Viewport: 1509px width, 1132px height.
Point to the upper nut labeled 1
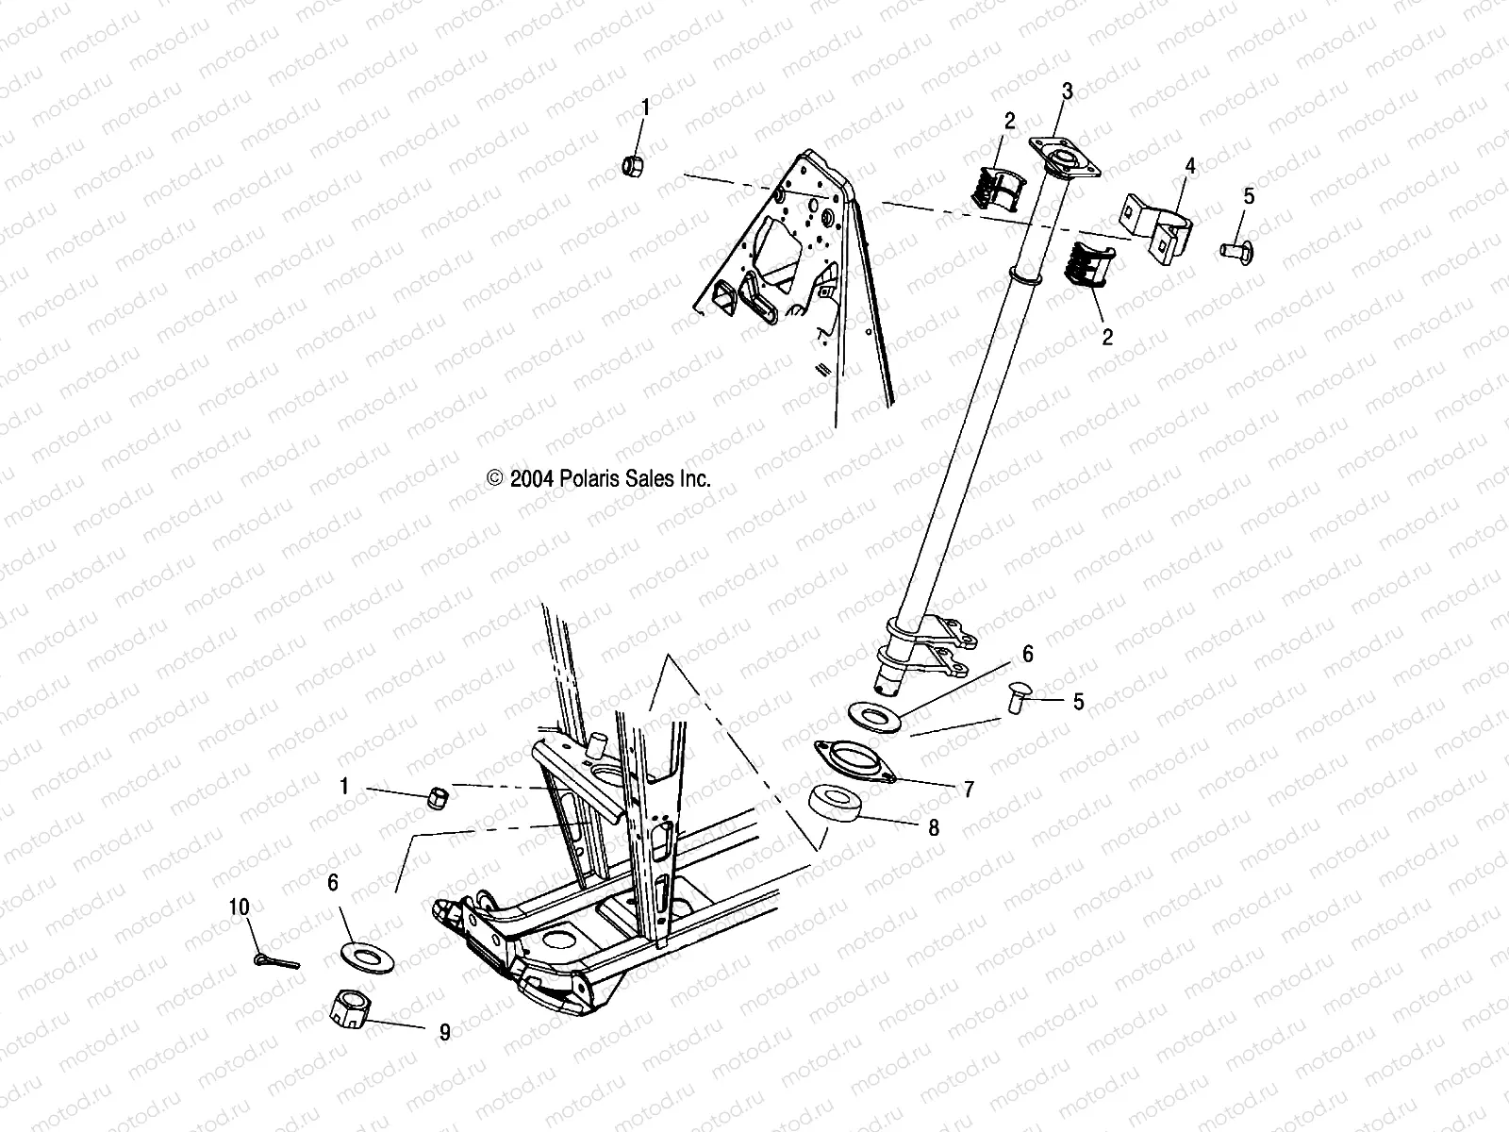pos(634,168)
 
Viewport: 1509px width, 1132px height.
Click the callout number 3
pos(1067,92)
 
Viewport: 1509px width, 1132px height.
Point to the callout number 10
pos(239,907)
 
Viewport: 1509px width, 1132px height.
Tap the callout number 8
pos(933,827)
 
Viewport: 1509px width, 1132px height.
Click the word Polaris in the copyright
pos(594,479)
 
